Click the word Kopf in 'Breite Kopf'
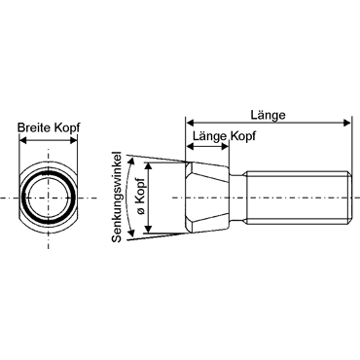(67, 126)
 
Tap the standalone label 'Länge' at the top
(268, 115)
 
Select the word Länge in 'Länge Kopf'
(209, 136)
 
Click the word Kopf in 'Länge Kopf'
(242, 136)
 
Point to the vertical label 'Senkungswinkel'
(117, 197)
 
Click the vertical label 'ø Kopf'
(142, 198)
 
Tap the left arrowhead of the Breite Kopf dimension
(22, 140)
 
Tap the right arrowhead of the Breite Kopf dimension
(74, 140)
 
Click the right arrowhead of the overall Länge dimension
(347, 123)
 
